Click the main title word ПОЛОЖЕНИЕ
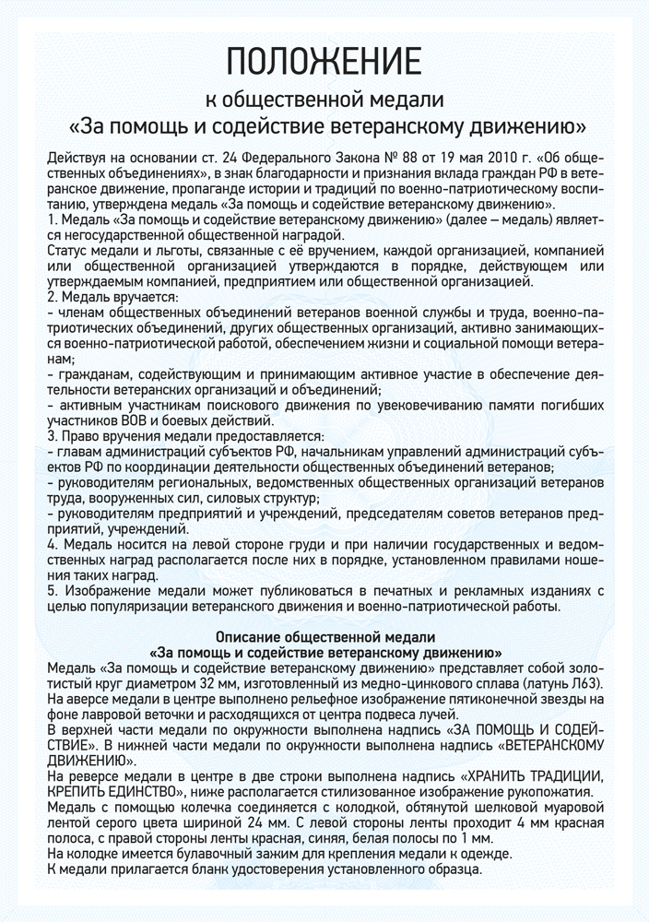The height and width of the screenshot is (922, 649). point(324,60)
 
